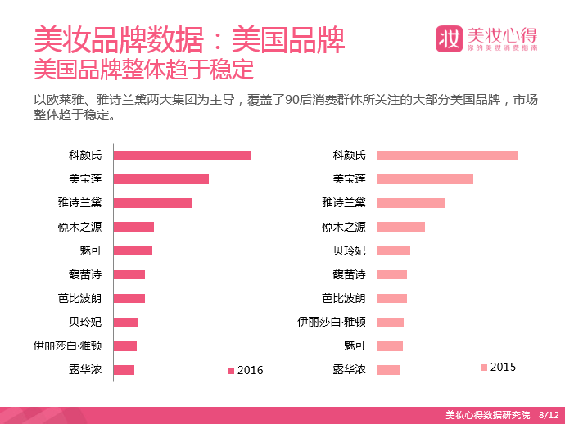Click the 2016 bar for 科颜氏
click(x=183, y=156)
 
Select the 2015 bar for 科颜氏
click(x=448, y=156)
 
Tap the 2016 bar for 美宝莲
click(x=161, y=179)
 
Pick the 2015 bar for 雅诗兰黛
click(x=411, y=203)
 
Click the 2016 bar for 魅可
click(x=133, y=250)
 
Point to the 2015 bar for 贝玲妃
click(x=394, y=250)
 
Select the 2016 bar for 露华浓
click(x=124, y=370)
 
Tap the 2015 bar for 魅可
click(x=390, y=346)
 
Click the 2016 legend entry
click(x=246, y=370)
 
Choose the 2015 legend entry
click(x=499, y=367)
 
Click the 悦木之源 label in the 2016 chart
click(x=80, y=227)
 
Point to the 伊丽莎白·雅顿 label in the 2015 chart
click(x=332, y=322)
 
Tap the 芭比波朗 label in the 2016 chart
click(x=80, y=298)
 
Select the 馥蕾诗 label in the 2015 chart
click(x=349, y=274)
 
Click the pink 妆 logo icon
click(x=449, y=39)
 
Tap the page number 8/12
click(x=549, y=415)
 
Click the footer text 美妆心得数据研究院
click(x=488, y=415)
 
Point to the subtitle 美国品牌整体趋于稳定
click(x=144, y=69)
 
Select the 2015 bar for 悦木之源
click(x=401, y=227)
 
